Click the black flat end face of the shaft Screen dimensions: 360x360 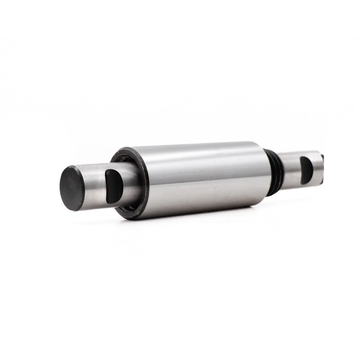[x=72, y=188]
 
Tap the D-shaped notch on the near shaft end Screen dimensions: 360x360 [x=113, y=185]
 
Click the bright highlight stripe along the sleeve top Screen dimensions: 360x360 [x=202, y=153]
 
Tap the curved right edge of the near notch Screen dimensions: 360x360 [x=121, y=185]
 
